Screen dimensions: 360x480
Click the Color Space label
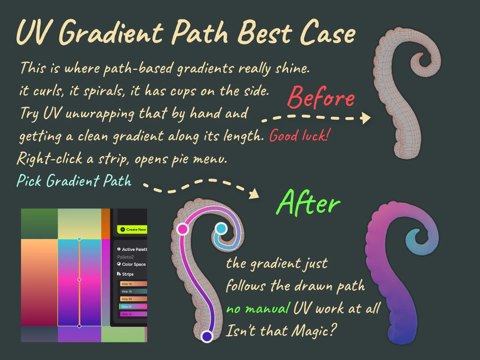point(134,264)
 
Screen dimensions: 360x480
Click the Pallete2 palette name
point(125,257)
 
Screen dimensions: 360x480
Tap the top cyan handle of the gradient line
point(79,239)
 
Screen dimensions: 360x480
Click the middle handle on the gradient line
point(79,280)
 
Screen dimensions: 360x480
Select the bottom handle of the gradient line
point(79,326)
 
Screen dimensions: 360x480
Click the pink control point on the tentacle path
point(183,229)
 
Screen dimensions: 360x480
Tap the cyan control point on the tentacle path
point(221,229)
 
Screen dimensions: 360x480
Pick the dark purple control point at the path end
point(207,336)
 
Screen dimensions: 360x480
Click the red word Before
point(321,97)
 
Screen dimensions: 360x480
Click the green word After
point(308,203)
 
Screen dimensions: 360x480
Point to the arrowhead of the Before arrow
point(367,118)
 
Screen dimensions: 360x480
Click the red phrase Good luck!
point(300,136)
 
